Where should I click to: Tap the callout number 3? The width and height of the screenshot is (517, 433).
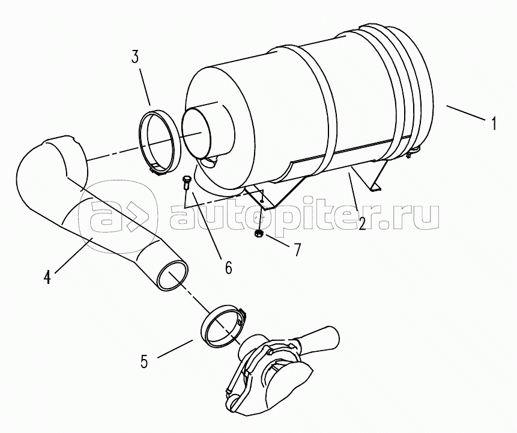(x=135, y=57)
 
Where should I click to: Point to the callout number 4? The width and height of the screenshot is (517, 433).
(x=47, y=277)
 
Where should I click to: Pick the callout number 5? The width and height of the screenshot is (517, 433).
(x=144, y=361)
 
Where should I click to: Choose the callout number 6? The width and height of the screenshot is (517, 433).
(x=229, y=267)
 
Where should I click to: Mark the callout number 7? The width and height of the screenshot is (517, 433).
(x=297, y=250)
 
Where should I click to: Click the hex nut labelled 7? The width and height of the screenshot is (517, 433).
(x=258, y=234)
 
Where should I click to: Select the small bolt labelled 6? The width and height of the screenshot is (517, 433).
(x=185, y=183)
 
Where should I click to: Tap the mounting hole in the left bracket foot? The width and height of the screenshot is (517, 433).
(x=261, y=200)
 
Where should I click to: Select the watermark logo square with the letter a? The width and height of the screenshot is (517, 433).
(x=118, y=217)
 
